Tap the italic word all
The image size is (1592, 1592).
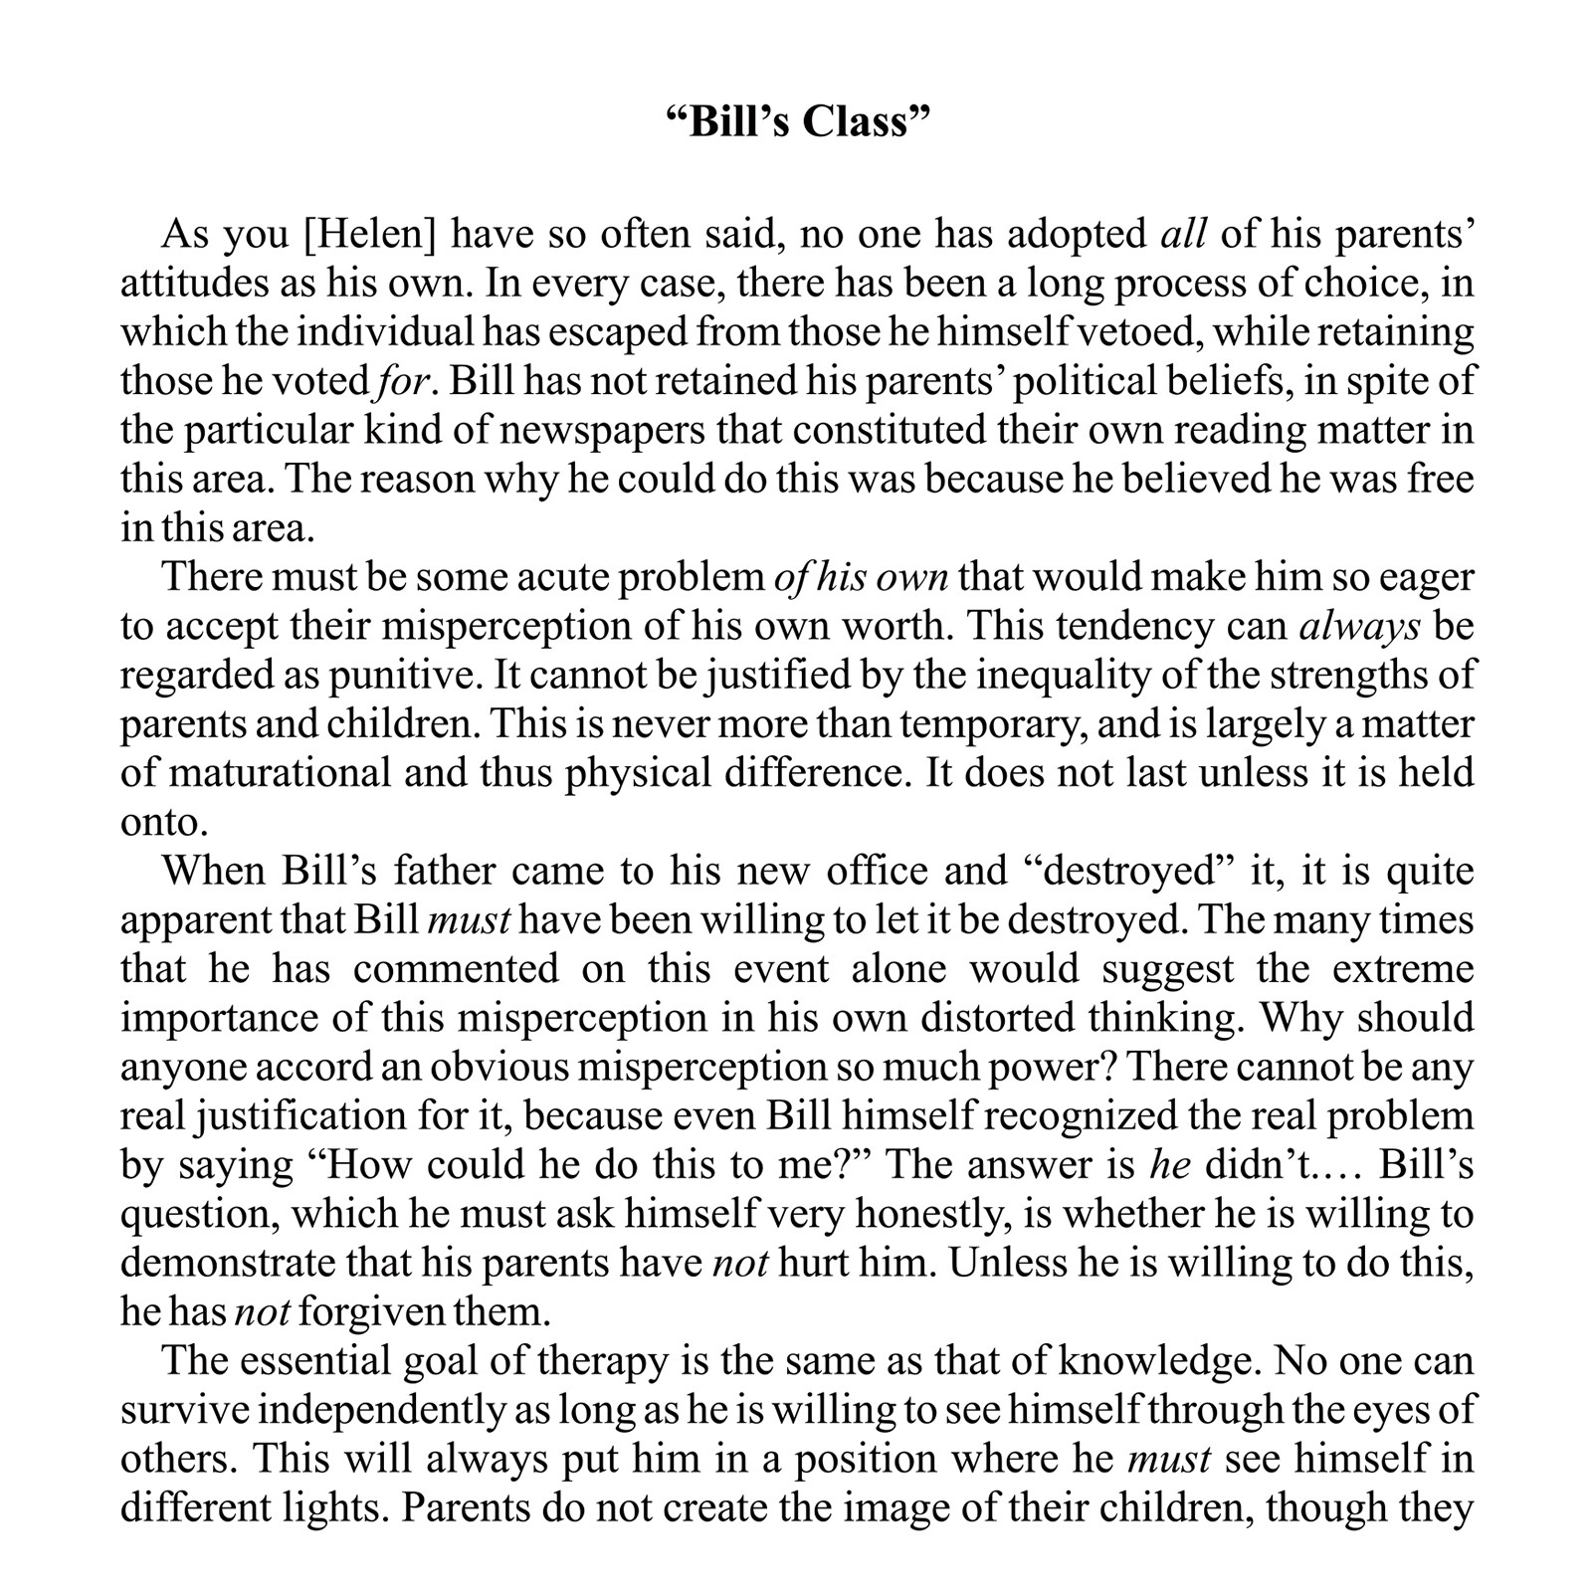pyautogui.click(x=1183, y=236)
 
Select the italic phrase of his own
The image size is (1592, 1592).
pyautogui.click(x=861, y=577)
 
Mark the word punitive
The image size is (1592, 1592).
pyautogui.click(x=399, y=676)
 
